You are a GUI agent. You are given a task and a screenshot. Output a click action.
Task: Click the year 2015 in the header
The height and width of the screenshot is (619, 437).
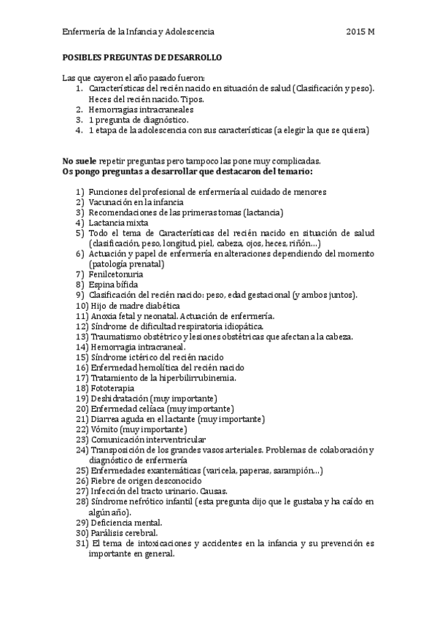[x=356, y=33]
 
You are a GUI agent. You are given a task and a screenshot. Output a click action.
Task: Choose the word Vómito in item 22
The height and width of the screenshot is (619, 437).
[x=105, y=430]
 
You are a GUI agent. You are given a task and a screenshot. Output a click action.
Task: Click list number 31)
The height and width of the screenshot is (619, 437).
[x=82, y=544]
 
